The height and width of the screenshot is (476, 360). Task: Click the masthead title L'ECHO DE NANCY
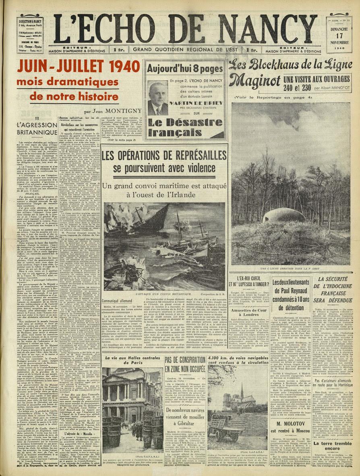[x=185, y=29]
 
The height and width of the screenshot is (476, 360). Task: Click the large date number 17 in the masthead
[x=340, y=34]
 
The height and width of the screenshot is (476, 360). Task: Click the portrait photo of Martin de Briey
[x=158, y=98]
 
